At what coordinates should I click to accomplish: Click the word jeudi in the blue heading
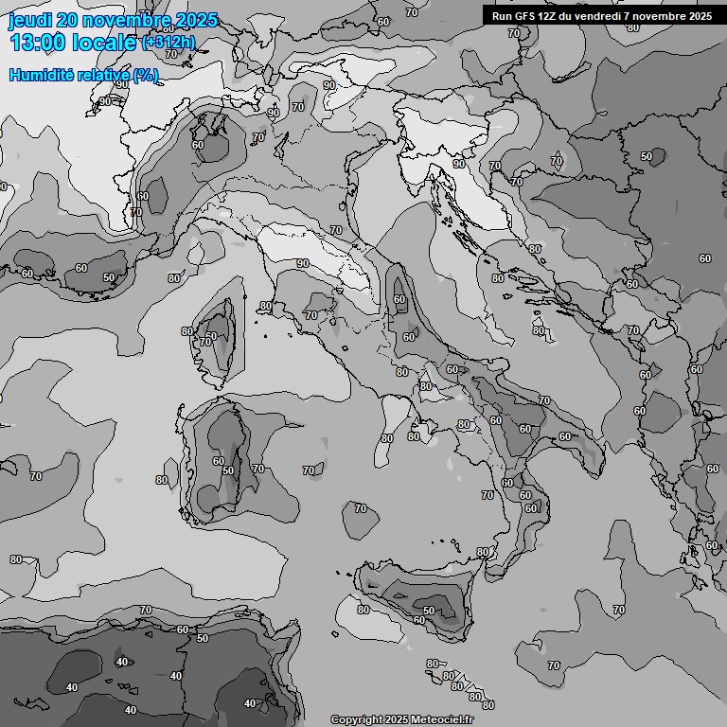[29, 20]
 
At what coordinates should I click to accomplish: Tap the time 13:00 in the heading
[37, 43]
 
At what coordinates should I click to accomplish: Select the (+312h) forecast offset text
[170, 43]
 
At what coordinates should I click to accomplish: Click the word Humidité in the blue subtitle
[41, 75]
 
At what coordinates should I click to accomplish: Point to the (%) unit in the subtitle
[145, 75]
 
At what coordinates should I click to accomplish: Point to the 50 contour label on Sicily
[429, 611]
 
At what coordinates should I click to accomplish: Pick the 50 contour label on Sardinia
[227, 470]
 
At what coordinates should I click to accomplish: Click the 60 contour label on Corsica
[211, 336]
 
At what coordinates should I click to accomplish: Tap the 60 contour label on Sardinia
[218, 461]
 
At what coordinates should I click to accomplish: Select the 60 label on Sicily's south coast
[418, 620]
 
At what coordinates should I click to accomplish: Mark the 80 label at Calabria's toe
[483, 552]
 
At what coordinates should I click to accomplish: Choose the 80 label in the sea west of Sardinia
[161, 480]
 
